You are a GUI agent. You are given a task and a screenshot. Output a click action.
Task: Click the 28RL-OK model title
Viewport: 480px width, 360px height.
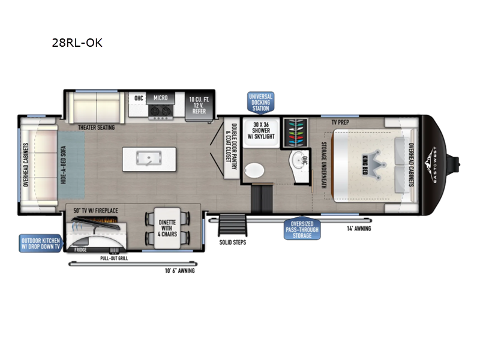tap(77, 43)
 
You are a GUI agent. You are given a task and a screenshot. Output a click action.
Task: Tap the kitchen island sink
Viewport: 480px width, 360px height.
tap(149, 158)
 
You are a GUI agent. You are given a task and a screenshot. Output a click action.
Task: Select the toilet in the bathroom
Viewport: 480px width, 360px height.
tap(254, 170)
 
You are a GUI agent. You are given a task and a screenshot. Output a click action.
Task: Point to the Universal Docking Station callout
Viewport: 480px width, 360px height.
tap(260, 103)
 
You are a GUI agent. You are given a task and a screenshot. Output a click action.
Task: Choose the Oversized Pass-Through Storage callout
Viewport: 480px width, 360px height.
tap(302, 229)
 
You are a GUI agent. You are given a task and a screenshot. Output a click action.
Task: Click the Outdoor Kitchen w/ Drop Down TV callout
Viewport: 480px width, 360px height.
tap(41, 244)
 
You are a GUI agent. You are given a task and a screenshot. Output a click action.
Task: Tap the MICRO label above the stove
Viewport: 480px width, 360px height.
tap(160, 98)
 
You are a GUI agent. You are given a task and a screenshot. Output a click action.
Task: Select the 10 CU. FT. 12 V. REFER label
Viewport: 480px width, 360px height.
tap(199, 106)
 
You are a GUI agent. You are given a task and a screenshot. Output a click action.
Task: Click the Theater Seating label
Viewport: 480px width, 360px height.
tap(96, 127)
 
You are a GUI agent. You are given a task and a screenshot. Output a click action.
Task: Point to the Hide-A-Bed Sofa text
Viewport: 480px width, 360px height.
tap(64, 164)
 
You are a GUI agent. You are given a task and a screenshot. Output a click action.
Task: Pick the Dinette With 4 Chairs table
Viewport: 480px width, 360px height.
tap(167, 228)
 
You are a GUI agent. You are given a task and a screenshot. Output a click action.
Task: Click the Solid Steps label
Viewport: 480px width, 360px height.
tap(233, 242)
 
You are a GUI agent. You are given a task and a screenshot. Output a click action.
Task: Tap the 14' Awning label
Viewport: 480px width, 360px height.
tap(359, 229)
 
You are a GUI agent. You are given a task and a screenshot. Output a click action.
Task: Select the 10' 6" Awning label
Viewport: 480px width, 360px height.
tap(179, 271)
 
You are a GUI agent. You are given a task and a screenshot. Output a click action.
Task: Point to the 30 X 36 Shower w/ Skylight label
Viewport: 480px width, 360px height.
tap(261, 131)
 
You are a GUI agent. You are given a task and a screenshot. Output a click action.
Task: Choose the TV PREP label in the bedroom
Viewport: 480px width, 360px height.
tap(340, 122)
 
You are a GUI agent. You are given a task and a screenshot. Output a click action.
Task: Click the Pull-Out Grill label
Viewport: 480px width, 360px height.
tap(114, 259)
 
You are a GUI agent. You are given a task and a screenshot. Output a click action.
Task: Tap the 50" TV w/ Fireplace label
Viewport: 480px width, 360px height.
tap(95, 211)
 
